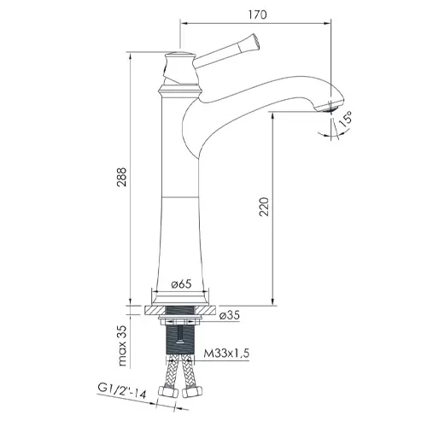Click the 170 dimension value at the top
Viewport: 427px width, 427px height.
(x=257, y=15)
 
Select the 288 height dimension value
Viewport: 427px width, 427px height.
(x=122, y=177)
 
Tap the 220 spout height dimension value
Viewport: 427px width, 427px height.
(x=264, y=207)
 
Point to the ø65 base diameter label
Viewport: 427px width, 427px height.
(x=181, y=284)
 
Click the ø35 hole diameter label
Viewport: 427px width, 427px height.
(x=230, y=315)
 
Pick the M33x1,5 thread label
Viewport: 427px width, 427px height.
(x=226, y=354)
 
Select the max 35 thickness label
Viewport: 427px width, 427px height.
(x=122, y=346)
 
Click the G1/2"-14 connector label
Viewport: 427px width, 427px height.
(x=122, y=391)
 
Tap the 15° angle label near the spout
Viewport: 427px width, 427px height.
(x=346, y=120)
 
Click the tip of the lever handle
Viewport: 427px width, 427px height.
(x=256, y=39)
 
